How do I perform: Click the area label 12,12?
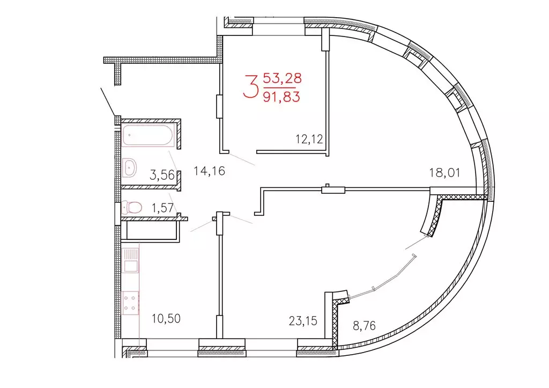(x=309, y=140)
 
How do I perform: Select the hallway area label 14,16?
(x=209, y=172)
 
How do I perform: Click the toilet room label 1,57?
(x=162, y=208)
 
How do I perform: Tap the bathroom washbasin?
(x=130, y=167)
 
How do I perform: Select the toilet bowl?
(x=132, y=207)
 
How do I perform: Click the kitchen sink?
(x=131, y=260)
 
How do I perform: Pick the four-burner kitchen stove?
(x=131, y=302)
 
